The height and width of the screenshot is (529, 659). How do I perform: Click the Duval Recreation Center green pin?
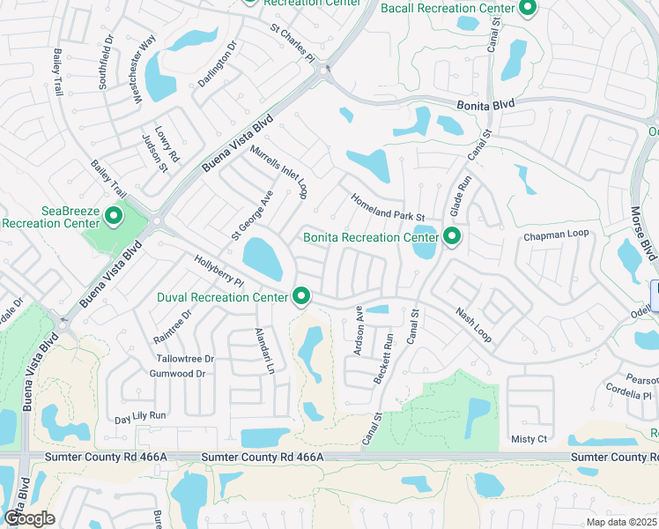[301, 296]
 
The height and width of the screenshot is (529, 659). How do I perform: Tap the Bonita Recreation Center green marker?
[453, 236]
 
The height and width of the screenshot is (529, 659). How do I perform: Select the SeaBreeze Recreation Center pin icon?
[114, 215]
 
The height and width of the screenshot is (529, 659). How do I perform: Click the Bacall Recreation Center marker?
[528, 8]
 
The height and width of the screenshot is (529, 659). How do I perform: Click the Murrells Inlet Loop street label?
[278, 172]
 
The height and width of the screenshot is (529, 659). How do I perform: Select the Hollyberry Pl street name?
[218, 271]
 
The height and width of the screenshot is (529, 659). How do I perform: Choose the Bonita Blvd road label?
[485, 104]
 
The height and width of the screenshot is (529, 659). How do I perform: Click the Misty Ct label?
[529, 439]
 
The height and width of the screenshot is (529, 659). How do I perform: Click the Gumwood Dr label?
[177, 374]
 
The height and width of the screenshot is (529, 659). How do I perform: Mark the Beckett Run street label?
[382, 357]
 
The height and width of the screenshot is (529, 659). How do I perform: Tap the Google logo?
[29, 518]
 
